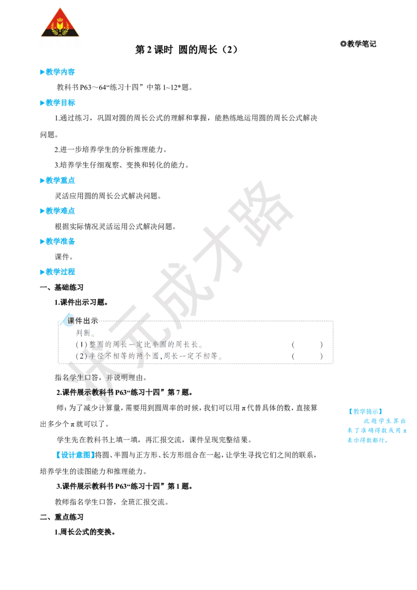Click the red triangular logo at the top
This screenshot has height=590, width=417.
60,23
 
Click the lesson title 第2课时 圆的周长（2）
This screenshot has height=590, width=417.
186,50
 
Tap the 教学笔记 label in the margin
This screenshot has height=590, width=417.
358,44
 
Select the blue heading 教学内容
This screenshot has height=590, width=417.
57,72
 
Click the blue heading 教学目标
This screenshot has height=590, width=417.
57,102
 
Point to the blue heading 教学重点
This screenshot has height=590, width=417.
57,180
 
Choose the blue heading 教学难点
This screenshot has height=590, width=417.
57,211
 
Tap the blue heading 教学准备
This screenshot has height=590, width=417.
57,241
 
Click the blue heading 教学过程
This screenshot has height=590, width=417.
57,272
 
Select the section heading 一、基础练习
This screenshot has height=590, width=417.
62,288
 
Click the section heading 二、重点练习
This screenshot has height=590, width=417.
62,517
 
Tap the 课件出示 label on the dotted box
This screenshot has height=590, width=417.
82,321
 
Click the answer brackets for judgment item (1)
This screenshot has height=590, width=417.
307,345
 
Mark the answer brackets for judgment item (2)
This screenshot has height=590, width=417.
307,356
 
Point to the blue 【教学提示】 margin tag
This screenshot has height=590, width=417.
365,411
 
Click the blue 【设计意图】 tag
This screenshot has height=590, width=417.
75,455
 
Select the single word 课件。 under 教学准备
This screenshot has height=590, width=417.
64,256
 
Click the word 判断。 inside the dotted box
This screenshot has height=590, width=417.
85,333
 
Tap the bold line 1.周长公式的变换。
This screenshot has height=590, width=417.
84,532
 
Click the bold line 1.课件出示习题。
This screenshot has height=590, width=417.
81,302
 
